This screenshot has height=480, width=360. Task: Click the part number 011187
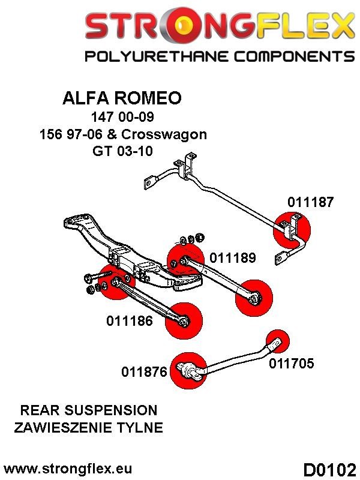click(310, 202)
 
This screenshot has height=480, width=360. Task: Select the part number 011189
click(233, 259)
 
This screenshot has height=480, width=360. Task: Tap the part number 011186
click(130, 321)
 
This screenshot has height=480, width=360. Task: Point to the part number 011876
click(145, 372)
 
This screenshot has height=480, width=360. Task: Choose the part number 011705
click(291, 363)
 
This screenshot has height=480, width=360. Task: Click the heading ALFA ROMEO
click(122, 98)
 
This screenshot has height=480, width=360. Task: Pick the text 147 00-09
click(122, 117)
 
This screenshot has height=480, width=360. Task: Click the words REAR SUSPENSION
click(89, 410)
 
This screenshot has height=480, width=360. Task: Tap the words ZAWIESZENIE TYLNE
click(89, 427)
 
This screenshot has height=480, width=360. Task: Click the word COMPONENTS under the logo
click(285, 56)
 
